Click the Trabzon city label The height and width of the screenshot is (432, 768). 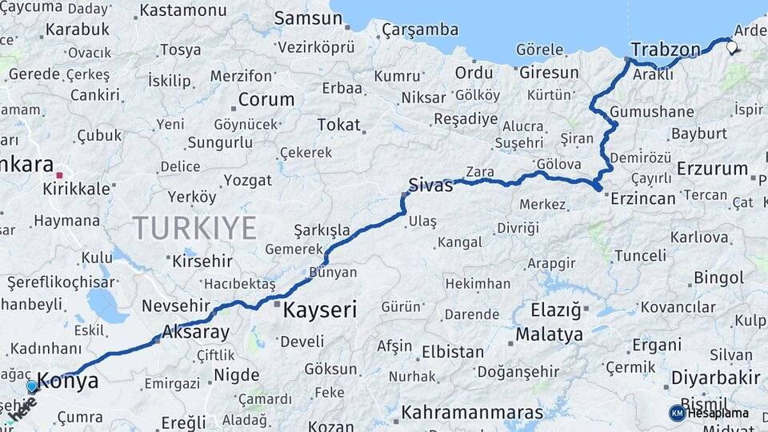pyautogui.click(x=665, y=49)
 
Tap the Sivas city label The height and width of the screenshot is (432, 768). pyautogui.click(x=430, y=185)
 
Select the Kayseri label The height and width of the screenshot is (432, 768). pyautogui.click(x=320, y=310)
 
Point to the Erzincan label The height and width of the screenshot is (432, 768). pyautogui.click(x=643, y=198)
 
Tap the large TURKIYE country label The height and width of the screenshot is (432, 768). pyautogui.click(x=194, y=228)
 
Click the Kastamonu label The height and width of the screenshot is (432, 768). pyautogui.click(x=183, y=11)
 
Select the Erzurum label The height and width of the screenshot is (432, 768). pyautogui.click(x=711, y=169)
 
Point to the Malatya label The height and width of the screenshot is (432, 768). pyautogui.click(x=549, y=334)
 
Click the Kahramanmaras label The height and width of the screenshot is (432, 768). pyautogui.click(x=472, y=414)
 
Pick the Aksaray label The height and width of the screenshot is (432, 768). pyautogui.click(x=195, y=331)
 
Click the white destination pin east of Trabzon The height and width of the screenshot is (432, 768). pyautogui.click(x=732, y=46)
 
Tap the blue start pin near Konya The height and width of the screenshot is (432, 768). pyautogui.click(x=32, y=386)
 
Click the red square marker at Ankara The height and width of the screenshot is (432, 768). pyautogui.click(x=60, y=174)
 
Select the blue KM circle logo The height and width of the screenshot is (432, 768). pyautogui.click(x=677, y=413)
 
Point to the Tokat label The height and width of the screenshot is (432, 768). pyautogui.click(x=338, y=125)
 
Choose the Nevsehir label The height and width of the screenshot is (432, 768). pyautogui.click(x=175, y=306)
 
